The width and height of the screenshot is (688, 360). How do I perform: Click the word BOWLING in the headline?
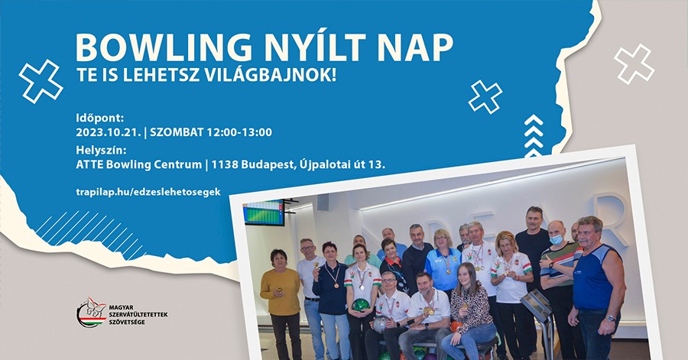pos(164,47)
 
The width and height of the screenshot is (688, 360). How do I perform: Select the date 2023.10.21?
pos(109,132)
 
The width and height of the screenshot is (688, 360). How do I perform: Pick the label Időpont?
pos(100,118)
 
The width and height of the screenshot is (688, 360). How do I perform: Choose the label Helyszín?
pos(101,151)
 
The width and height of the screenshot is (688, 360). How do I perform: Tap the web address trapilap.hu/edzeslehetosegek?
pos(148,192)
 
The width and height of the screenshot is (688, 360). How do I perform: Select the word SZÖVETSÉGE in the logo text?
pos(127,323)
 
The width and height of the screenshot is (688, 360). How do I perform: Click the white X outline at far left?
pos(41,81)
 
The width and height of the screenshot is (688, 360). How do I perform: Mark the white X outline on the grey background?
pos(634,63)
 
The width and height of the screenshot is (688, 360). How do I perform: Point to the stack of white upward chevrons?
pos(534,136)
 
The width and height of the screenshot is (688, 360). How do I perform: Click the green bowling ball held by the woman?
pos(361,305)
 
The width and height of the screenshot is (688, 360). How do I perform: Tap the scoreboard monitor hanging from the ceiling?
pos(264,212)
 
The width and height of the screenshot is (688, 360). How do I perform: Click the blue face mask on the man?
pos(557,239)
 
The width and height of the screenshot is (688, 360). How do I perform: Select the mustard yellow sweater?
pos(280,291)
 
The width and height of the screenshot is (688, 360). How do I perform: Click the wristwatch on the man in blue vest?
pos(610,318)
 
